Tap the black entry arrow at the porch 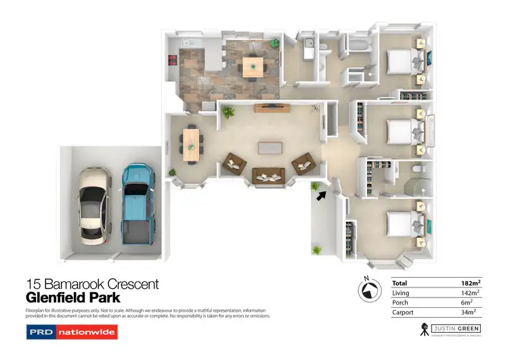click(320, 196)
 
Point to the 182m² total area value click(469, 282)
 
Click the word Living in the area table click(401, 292)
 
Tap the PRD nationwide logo click(72, 332)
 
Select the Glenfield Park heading click(72, 297)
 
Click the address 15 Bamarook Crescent click(92, 284)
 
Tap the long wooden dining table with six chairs click(191, 144)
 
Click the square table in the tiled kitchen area click(253, 66)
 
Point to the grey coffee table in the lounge click(269, 148)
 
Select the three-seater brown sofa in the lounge click(269, 176)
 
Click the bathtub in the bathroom click(358, 47)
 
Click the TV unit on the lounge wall click(272, 107)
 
